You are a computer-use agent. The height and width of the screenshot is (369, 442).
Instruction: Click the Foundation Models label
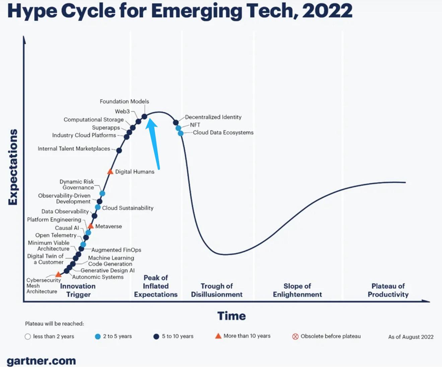point(124,101)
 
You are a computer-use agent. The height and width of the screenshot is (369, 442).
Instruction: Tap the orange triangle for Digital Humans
point(110,172)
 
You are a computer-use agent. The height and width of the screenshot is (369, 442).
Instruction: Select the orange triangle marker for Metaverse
point(90,226)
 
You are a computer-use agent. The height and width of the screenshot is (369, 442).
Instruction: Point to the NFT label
point(195,125)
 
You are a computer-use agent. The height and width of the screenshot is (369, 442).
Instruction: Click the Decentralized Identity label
point(213,117)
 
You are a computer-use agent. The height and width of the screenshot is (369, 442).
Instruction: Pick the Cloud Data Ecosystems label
point(223,133)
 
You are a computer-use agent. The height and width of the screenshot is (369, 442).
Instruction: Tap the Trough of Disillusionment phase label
point(217,290)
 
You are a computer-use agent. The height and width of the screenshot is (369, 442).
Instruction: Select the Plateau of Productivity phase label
point(388,290)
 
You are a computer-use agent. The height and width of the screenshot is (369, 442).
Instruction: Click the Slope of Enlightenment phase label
point(297,290)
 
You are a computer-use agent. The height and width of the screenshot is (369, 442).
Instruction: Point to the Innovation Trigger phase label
point(78,290)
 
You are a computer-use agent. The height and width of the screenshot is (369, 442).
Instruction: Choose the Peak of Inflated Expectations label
point(156,286)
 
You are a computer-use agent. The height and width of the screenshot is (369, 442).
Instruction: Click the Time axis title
point(231,316)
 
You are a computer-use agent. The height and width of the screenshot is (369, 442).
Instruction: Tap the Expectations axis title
point(13,167)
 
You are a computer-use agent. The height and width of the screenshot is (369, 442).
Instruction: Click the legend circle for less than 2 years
point(28,337)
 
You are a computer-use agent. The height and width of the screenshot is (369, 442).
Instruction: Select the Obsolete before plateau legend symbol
point(295,337)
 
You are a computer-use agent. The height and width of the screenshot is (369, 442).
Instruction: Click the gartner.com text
point(41,361)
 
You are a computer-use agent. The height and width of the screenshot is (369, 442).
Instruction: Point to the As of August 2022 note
point(411,337)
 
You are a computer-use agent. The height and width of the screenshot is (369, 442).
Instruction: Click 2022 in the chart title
point(327,11)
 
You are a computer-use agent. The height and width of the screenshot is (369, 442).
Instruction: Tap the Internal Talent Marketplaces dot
point(119,150)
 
